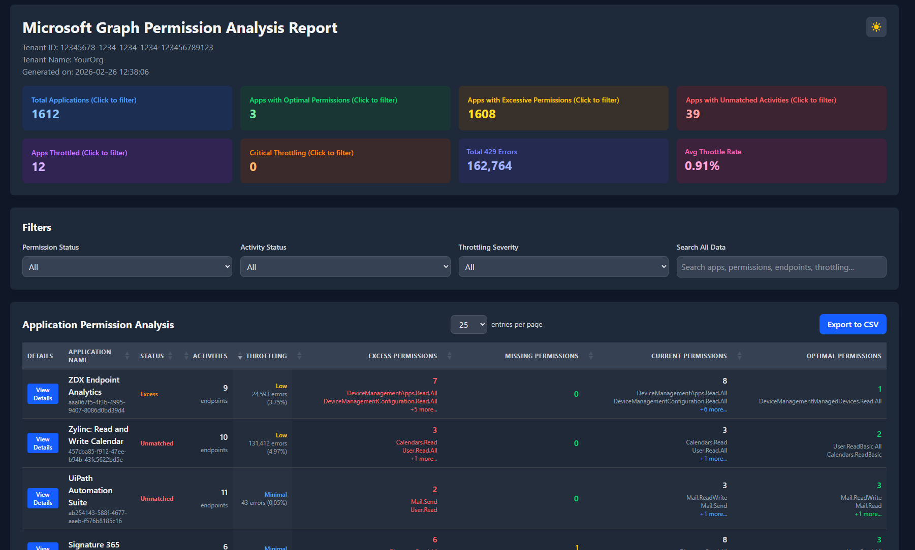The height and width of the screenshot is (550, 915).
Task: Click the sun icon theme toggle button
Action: click(x=876, y=27)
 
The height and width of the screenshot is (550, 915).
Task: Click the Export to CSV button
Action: click(x=853, y=325)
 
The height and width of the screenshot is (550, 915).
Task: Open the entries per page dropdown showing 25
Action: click(x=468, y=325)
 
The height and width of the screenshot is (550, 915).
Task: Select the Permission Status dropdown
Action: click(x=127, y=267)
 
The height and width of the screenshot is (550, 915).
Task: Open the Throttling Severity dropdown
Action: click(x=563, y=267)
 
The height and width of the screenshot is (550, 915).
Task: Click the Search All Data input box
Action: click(x=781, y=267)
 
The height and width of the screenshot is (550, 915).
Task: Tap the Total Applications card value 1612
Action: click(x=46, y=114)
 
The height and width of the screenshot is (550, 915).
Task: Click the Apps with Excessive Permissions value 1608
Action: click(x=482, y=114)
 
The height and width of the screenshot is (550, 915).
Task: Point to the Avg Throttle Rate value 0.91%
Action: click(x=702, y=166)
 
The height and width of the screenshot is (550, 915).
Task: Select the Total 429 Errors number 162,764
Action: click(x=489, y=166)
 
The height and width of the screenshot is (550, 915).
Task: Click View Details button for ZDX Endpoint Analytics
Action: click(x=43, y=394)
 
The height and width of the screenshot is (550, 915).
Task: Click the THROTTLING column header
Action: click(x=266, y=356)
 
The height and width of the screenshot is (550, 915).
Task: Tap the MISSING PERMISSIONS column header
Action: click(x=542, y=356)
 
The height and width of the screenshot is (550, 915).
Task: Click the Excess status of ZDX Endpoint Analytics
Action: click(x=149, y=394)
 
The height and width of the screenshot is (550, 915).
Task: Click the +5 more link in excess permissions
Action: click(x=424, y=409)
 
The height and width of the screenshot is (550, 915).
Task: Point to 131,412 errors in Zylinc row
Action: click(x=268, y=443)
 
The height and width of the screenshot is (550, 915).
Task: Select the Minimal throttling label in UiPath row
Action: click(x=275, y=495)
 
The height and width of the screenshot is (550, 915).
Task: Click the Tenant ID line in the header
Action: click(x=117, y=48)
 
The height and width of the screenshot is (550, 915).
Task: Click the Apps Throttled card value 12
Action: click(x=39, y=167)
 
